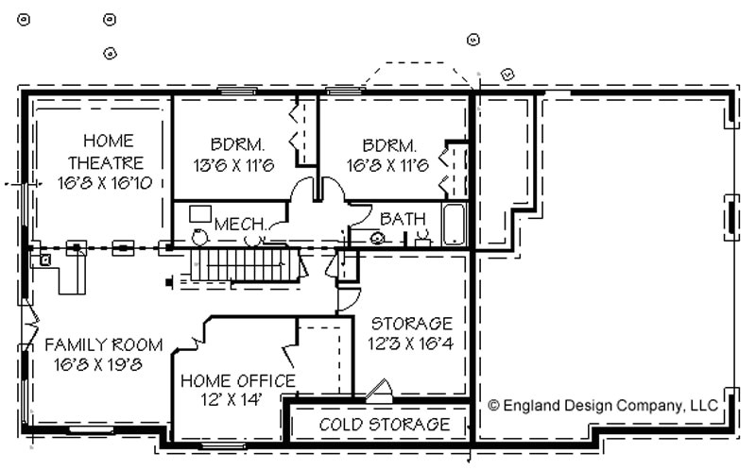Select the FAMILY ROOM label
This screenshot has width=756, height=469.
click(x=104, y=345)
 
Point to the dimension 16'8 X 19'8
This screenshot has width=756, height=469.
click(x=99, y=364)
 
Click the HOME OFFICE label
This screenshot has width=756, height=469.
click(x=237, y=381)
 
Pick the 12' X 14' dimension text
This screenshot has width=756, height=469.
click(x=232, y=400)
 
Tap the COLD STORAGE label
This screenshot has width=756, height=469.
click(x=384, y=425)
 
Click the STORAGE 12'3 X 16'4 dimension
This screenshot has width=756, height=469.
click(x=411, y=343)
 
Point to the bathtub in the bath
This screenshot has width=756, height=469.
click(x=455, y=225)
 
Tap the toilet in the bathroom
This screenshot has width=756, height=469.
click(x=377, y=238)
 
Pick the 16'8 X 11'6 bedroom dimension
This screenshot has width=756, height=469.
click(x=388, y=165)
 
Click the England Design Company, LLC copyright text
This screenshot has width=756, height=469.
click(x=603, y=406)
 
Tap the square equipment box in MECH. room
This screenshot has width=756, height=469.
click(x=199, y=213)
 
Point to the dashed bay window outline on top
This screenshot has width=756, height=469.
click(x=414, y=75)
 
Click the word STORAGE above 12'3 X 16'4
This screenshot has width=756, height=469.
click(x=411, y=324)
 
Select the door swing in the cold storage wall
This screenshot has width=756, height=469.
click(x=380, y=390)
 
